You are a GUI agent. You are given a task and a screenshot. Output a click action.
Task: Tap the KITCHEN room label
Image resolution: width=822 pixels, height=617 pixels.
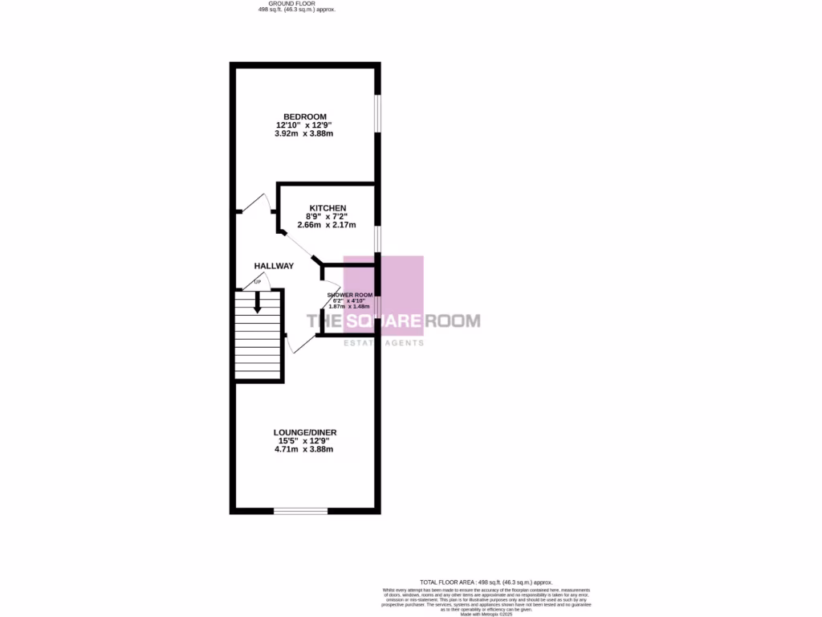click(x=328, y=208)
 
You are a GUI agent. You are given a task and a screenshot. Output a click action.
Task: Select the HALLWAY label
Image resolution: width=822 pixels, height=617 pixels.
click(x=274, y=266)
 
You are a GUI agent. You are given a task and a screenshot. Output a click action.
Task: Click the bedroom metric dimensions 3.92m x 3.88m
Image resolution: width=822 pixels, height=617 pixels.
click(x=303, y=133)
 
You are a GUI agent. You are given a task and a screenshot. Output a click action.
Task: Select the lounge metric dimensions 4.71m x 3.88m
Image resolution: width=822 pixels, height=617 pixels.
click(x=303, y=449)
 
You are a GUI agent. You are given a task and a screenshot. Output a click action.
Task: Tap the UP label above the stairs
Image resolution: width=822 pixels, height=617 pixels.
click(x=258, y=282)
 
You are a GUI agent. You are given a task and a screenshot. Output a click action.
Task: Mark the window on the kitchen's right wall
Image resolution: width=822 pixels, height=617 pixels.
click(x=377, y=239)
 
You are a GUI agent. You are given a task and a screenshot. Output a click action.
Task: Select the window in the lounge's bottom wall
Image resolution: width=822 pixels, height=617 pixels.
click(x=300, y=510)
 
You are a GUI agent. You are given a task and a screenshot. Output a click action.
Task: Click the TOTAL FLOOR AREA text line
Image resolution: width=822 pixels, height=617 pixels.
click(x=486, y=582)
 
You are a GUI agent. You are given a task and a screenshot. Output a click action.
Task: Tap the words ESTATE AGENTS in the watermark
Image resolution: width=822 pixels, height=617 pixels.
click(x=384, y=343)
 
